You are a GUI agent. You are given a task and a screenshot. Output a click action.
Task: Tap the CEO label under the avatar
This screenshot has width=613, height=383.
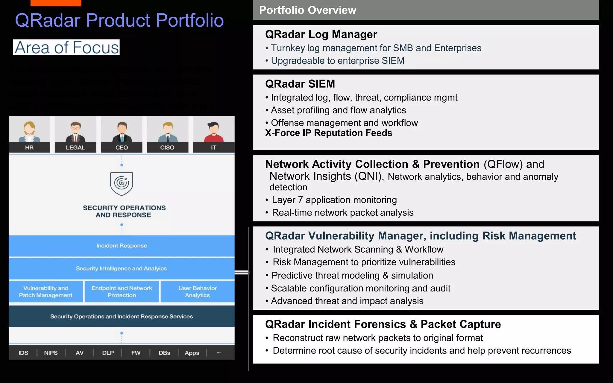(x=122, y=148)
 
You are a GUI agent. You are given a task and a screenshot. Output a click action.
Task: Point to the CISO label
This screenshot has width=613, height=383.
(x=167, y=148)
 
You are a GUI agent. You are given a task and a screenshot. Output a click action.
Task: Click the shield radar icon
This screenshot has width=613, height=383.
(x=122, y=183)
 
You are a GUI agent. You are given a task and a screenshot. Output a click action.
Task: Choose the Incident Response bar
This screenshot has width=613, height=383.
(x=122, y=246)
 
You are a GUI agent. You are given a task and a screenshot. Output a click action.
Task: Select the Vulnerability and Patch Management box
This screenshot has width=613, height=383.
(x=46, y=291)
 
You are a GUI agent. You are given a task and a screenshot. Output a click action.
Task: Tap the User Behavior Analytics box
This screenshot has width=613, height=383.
(x=198, y=291)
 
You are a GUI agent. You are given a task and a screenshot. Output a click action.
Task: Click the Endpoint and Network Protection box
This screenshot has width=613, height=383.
(x=122, y=291)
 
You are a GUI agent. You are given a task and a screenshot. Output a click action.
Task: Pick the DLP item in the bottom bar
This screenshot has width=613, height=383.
(x=108, y=353)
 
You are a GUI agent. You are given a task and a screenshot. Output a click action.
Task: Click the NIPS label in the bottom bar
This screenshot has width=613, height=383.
(x=51, y=353)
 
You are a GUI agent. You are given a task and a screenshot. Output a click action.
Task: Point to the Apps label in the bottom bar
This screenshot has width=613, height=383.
(x=192, y=353)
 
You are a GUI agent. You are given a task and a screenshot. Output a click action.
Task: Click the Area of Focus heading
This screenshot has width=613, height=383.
(x=66, y=47)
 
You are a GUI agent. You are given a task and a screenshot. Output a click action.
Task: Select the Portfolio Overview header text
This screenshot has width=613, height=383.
(x=308, y=10)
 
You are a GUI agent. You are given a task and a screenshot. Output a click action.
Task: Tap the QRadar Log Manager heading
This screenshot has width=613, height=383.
(x=321, y=34)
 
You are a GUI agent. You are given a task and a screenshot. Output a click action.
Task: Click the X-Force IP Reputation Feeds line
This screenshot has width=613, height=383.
(x=329, y=133)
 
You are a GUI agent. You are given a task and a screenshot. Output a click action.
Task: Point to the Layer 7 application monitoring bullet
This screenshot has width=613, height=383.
(x=334, y=200)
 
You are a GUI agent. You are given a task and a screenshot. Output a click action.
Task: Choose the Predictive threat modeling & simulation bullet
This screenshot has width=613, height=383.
(x=352, y=275)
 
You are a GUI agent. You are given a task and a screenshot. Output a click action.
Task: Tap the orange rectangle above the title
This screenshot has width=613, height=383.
(x=56, y=3)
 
